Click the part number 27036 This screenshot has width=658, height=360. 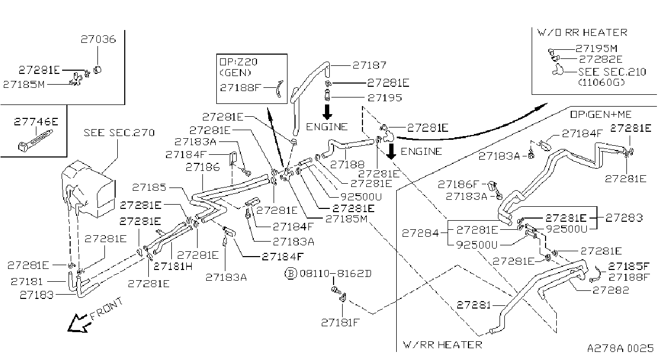(99, 39)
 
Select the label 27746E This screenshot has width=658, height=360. (36, 122)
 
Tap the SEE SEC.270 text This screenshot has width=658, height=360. (119, 133)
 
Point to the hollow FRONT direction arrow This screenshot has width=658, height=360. (77, 323)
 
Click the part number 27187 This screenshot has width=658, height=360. (369, 65)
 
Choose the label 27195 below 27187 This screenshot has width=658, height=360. (384, 97)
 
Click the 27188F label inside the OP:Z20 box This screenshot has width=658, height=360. (240, 87)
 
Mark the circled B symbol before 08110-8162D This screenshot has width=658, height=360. (291, 274)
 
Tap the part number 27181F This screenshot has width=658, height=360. (340, 322)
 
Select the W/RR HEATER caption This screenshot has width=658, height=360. (443, 344)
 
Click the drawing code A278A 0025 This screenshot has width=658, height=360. (621, 348)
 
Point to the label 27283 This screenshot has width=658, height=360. (624, 217)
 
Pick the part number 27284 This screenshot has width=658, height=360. (420, 234)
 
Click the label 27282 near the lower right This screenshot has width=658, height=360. (611, 290)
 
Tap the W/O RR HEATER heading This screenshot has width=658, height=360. (582, 32)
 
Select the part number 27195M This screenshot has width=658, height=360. (596, 48)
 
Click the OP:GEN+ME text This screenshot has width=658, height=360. (601, 114)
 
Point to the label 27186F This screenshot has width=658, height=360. (458, 184)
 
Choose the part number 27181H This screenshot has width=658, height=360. (173, 266)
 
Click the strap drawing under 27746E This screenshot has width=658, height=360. (36, 140)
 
